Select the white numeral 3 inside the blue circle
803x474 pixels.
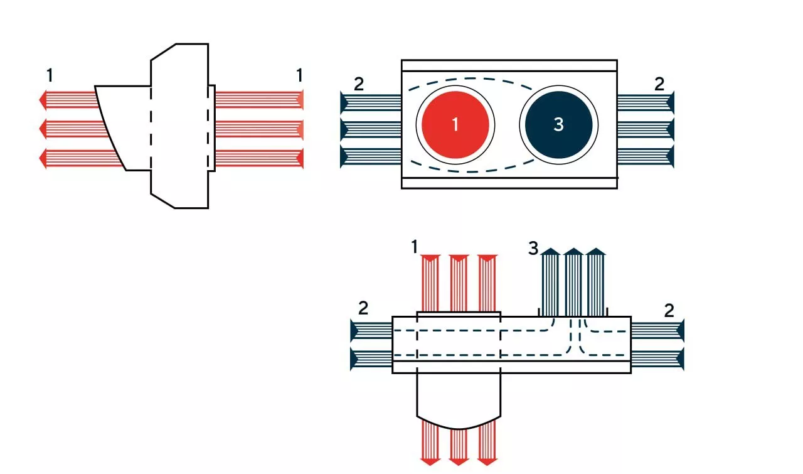pyautogui.click(x=558, y=124)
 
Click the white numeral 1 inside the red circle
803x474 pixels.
pyautogui.click(x=455, y=124)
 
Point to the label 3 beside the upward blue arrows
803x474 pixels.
pyautogui.click(x=533, y=249)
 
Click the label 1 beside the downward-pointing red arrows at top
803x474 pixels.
pyautogui.click(x=414, y=247)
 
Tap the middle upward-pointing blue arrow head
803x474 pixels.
pyautogui.click(x=573, y=252)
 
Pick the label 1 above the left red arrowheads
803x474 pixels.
pyautogui.click(x=50, y=76)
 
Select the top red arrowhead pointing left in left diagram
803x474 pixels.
pyautogui.click(x=43, y=99)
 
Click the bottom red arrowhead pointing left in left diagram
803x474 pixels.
pyautogui.click(x=43, y=158)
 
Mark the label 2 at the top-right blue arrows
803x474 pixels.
pyautogui.click(x=659, y=84)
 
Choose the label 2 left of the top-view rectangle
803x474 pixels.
pyautogui.click(x=358, y=84)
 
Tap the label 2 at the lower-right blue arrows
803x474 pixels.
pyautogui.click(x=669, y=310)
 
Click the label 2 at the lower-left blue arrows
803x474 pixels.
pyautogui.click(x=363, y=308)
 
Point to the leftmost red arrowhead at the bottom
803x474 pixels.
pyautogui.click(x=430, y=461)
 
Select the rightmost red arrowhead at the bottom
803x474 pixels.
pyautogui.click(x=487, y=461)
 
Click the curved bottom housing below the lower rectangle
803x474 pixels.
pyautogui.click(x=459, y=402)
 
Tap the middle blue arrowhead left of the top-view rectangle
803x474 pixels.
pyautogui.click(x=344, y=129)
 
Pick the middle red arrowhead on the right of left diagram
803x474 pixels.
pyautogui.click(x=300, y=129)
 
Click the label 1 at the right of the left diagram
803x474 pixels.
pyautogui.click(x=299, y=75)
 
